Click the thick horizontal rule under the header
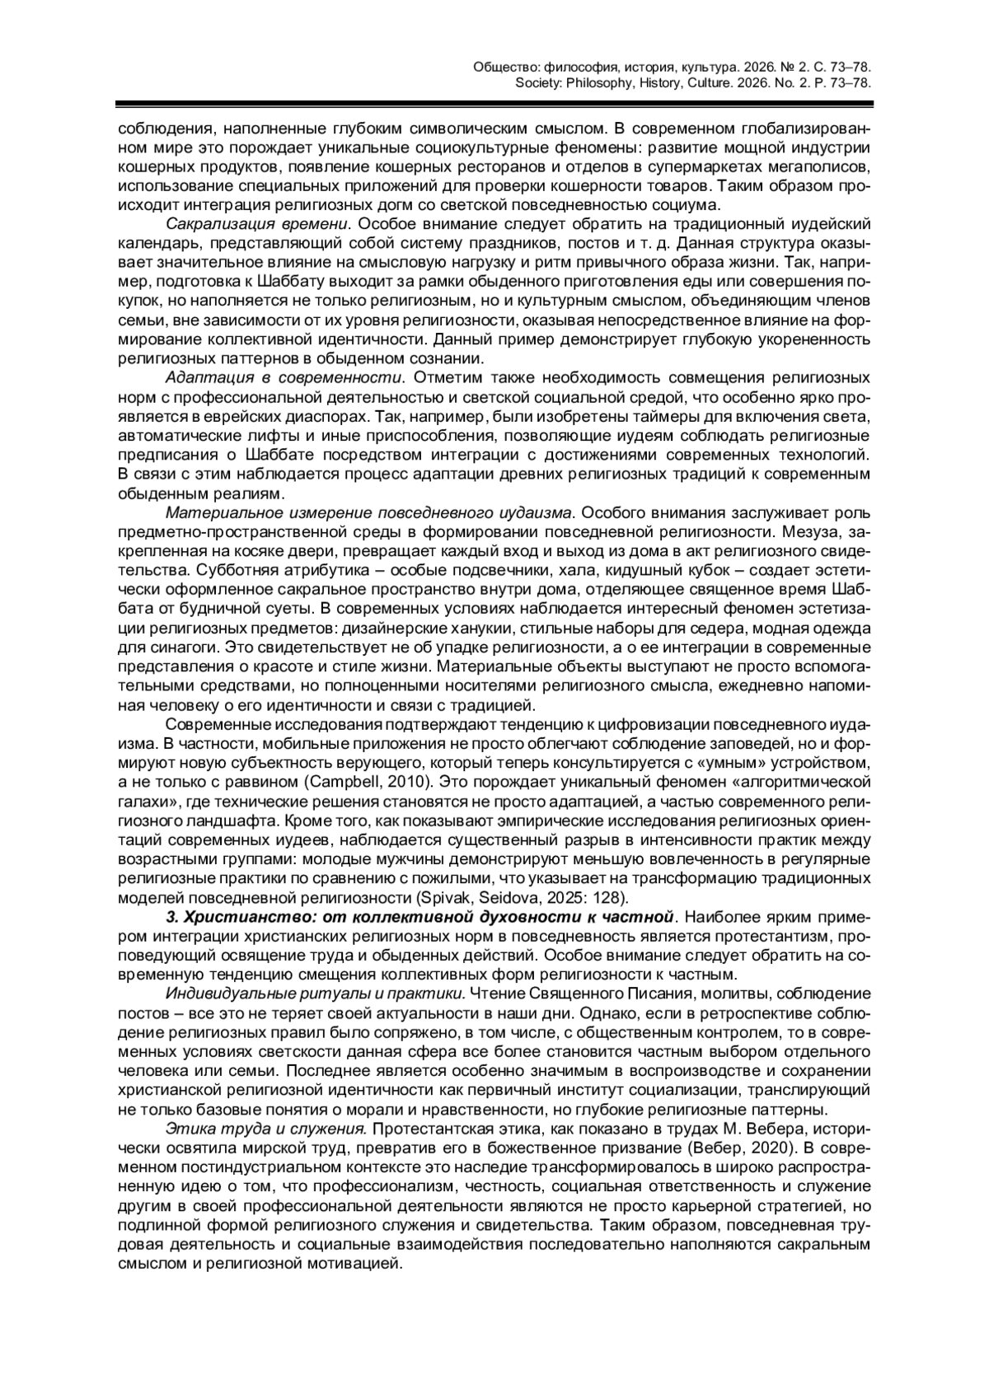pos(494,105)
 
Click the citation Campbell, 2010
pos(359,778)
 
